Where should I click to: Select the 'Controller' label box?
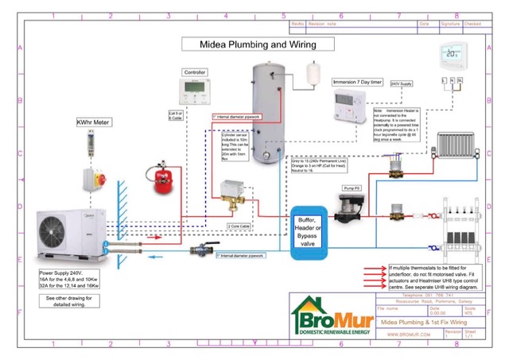point(196,72)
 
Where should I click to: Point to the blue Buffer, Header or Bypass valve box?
point(312,232)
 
